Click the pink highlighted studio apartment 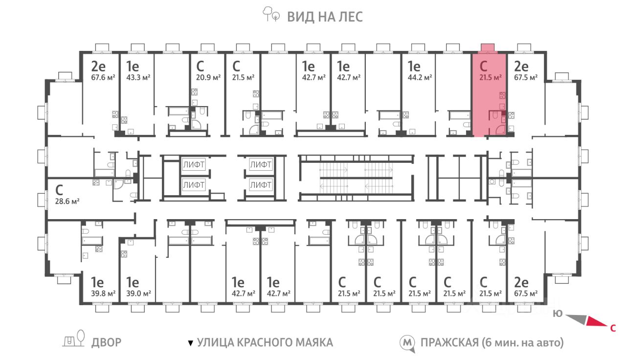tap(489, 94)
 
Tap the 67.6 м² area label tap(103, 77)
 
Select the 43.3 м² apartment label tap(138, 77)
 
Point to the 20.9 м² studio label tap(208, 77)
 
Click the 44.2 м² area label tap(420, 77)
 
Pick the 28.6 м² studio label tap(67, 201)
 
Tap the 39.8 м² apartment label tap(103, 294)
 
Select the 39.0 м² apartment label tap(138, 294)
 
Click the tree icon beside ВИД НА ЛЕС tap(271, 14)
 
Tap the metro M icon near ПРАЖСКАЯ tap(407, 343)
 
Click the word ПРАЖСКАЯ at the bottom tap(449, 343)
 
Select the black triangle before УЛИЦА tap(190, 343)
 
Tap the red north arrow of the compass tap(597, 321)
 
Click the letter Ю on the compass tap(558, 314)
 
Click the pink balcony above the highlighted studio tap(488, 48)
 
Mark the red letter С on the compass tap(613, 328)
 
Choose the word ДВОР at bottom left tap(107, 343)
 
